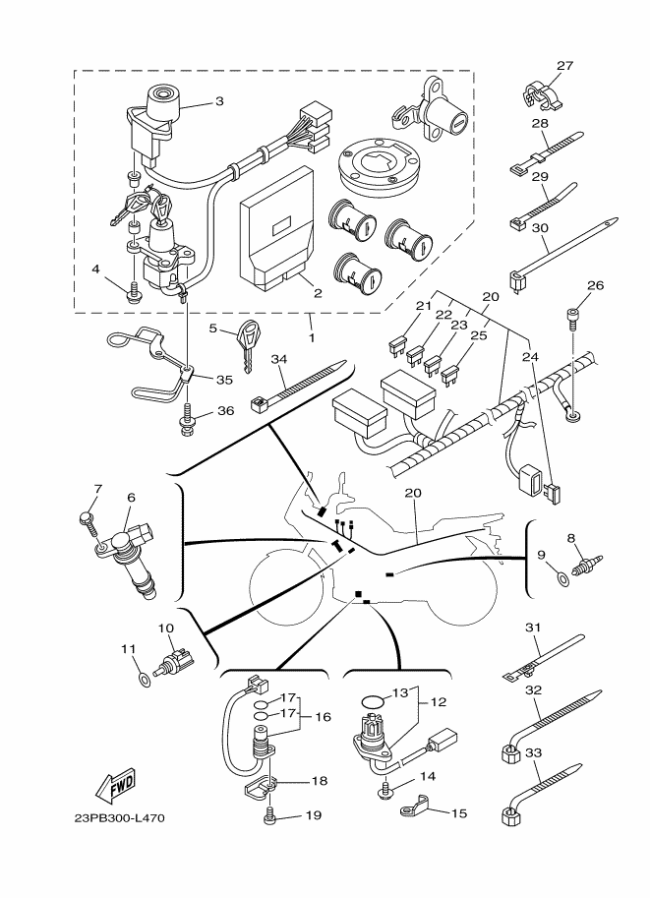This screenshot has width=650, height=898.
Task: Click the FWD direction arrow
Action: coord(115,785)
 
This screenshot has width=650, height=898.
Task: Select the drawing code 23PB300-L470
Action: coord(122,818)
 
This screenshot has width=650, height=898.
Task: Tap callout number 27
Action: coord(563,66)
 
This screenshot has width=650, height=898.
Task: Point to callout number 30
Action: coord(539,226)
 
